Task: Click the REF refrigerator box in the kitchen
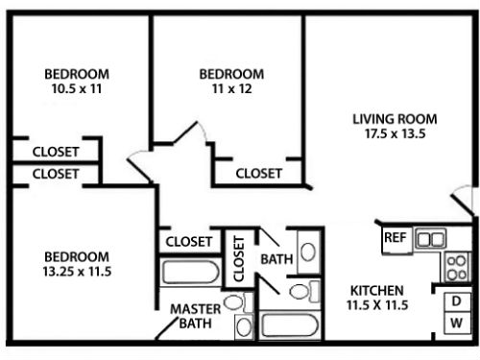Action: (396, 240)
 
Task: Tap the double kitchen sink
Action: (430, 238)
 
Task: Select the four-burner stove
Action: (457, 267)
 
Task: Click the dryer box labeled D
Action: (457, 301)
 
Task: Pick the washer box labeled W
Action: (457, 324)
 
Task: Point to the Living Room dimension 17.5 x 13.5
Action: (396, 133)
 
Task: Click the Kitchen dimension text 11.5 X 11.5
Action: (377, 304)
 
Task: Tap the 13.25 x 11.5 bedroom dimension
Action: (77, 272)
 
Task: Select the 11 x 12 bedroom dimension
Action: (231, 88)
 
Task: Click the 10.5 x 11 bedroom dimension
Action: (77, 88)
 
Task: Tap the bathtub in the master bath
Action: (191, 272)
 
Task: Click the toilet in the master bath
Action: (237, 301)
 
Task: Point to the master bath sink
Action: (244, 326)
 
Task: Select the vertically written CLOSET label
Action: (239, 258)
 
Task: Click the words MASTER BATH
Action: (196, 316)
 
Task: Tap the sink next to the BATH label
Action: (308, 252)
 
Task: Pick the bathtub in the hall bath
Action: (289, 325)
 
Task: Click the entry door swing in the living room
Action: (462, 199)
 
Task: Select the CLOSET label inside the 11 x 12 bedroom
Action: (258, 174)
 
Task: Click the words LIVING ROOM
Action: (395, 119)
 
